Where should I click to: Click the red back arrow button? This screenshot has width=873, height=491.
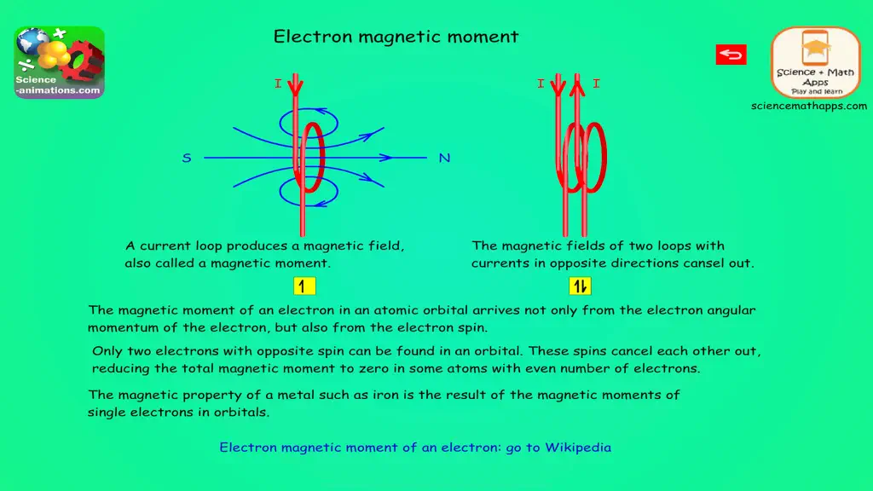click(731, 55)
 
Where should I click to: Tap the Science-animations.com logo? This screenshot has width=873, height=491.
click(60, 62)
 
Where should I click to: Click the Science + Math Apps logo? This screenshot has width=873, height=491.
click(816, 62)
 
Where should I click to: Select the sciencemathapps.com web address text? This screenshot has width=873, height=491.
click(809, 106)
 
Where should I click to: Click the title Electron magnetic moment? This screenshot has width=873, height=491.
click(396, 37)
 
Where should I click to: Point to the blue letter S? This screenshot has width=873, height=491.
click(187, 158)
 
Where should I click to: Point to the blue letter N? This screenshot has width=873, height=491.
click(444, 158)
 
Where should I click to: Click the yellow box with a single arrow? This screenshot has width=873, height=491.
click(304, 286)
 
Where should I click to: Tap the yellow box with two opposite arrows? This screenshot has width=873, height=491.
click(580, 286)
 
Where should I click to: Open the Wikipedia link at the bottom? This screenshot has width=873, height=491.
click(415, 448)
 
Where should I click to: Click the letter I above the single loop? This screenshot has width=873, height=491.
click(278, 84)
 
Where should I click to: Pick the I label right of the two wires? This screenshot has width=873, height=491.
click(596, 84)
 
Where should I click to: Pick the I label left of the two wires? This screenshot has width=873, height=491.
click(541, 84)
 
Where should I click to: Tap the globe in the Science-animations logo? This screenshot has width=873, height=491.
click(32, 42)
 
